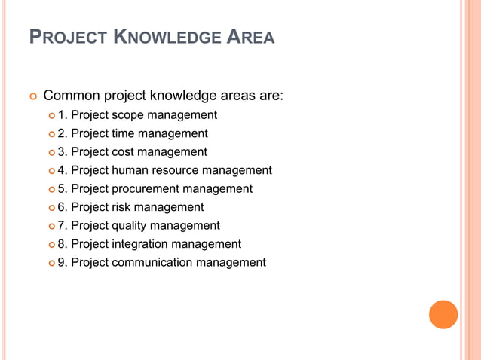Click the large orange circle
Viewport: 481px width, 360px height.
pyautogui.click(x=443, y=314)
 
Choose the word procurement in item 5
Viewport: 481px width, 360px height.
pyautogui.click(x=150, y=189)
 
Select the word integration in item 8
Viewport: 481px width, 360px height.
pyautogui.click(x=140, y=244)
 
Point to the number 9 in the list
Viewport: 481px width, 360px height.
pyautogui.click(x=62, y=262)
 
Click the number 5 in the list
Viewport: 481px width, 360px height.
pyautogui.click(x=62, y=189)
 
